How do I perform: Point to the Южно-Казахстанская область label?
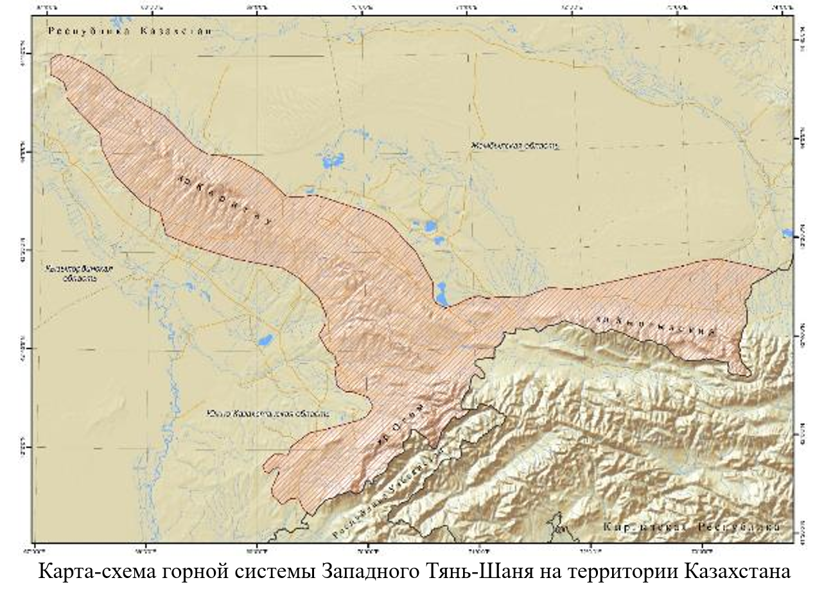pyautogui.click(x=269, y=414)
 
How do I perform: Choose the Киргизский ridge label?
pyautogui.click(x=656, y=325)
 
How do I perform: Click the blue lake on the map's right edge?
pyautogui.click(x=788, y=233)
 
